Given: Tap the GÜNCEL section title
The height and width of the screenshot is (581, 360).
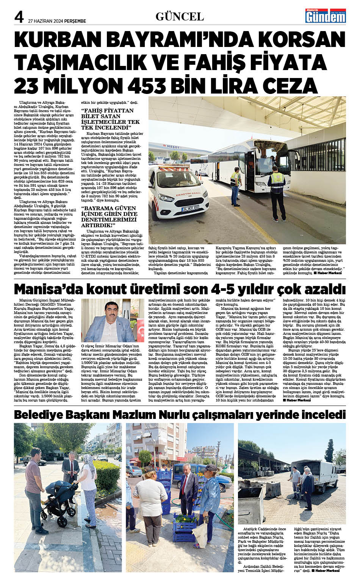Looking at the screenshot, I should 180,16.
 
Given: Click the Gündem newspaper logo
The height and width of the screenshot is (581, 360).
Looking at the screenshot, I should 326,16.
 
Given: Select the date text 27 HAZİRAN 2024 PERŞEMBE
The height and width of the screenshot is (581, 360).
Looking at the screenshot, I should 57,21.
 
